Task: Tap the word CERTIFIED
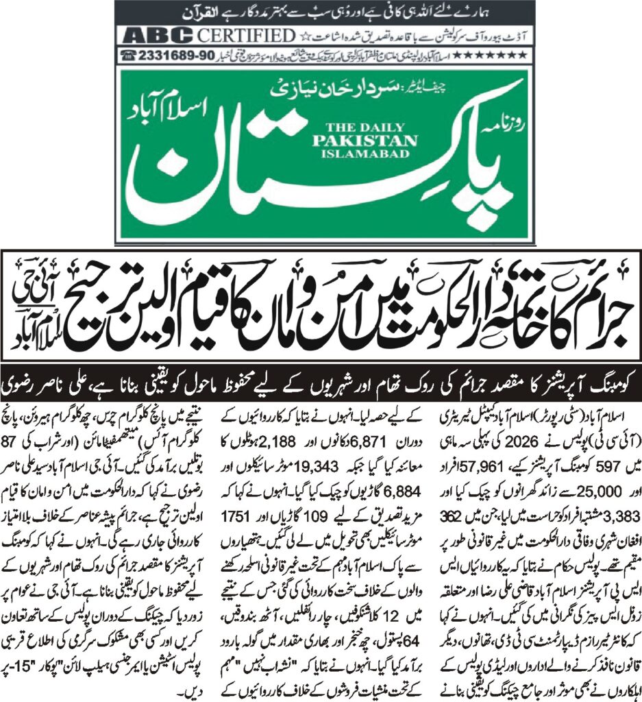[x=236, y=35]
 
